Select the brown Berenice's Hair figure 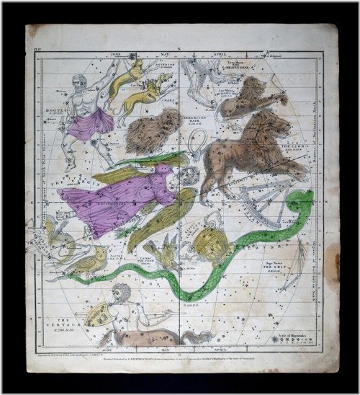pos(150,130)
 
